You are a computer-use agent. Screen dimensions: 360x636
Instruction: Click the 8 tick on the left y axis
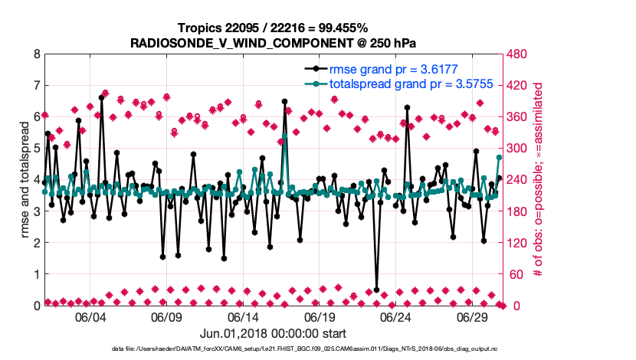pos(37,54)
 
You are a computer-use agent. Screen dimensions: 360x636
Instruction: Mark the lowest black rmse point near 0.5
pos(377,290)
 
